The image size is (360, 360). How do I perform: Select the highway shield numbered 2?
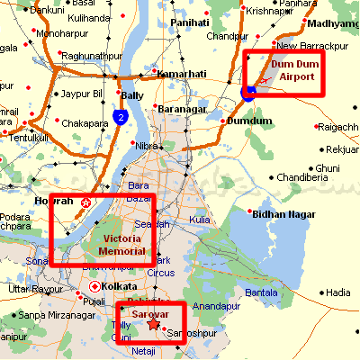pyautogui.click(x=120, y=116)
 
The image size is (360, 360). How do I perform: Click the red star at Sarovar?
pyautogui.click(x=154, y=324)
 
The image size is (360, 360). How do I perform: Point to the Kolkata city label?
pyautogui.click(x=122, y=286)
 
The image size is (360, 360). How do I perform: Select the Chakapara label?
pyautogui.click(x=86, y=123)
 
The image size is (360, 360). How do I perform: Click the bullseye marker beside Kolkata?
pyautogui.click(x=94, y=287)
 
